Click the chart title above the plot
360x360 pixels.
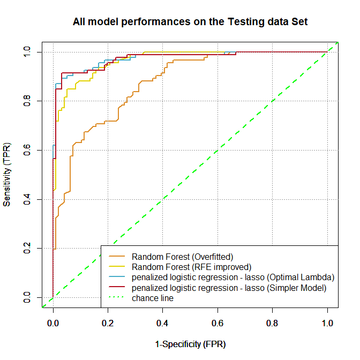[x=190, y=22]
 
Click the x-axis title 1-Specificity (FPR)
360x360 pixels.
[x=190, y=343]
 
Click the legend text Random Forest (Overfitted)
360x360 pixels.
[x=182, y=257]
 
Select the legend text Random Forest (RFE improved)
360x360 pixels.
[x=191, y=267]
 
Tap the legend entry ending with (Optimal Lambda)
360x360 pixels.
[x=233, y=277]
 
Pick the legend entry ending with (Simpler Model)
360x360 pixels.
[x=229, y=288]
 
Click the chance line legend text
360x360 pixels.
[x=153, y=298]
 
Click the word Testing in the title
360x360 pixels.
[x=246, y=22]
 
